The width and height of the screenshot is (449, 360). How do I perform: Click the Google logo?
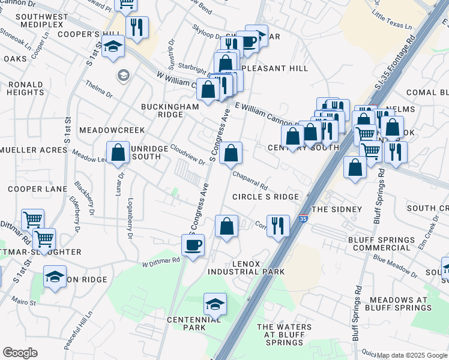point(20,353)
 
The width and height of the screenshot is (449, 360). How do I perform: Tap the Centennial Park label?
point(186,323)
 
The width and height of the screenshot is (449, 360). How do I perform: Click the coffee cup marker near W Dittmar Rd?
point(193,245)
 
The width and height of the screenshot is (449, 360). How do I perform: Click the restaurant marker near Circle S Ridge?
point(277,226)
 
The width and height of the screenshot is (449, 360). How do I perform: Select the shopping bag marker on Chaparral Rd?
point(231,154)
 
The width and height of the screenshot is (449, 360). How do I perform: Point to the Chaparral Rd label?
point(250,177)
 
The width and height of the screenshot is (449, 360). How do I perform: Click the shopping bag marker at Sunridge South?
point(118,152)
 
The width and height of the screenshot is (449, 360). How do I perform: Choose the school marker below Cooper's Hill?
point(113,47)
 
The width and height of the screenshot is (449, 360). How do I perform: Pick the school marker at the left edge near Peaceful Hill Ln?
point(55,277)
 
